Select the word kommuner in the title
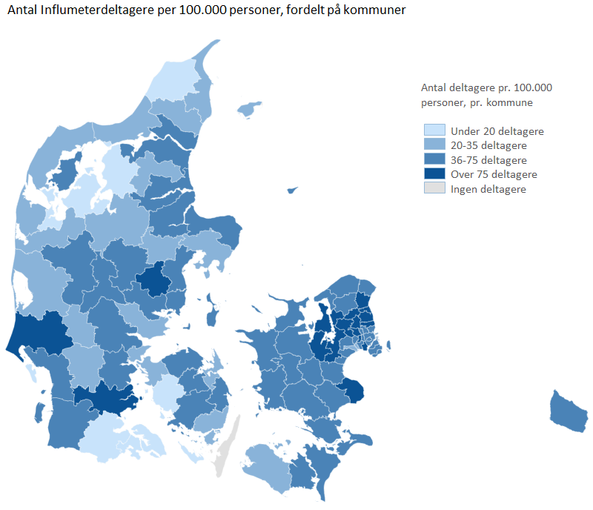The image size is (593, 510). pos(375,13)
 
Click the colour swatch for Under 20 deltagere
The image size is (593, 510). pos(434,131)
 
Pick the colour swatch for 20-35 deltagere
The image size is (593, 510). pos(434,145)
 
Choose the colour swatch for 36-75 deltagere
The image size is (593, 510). pos(434,160)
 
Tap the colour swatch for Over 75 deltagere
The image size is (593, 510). pos(434,174)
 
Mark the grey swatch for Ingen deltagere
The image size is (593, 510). pos(434,189)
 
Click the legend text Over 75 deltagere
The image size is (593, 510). pos(494,174)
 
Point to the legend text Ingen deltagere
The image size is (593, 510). pos(488,189)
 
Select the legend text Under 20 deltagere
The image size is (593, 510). pos(497,131)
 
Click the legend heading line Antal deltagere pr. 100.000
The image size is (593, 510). pos(486,87)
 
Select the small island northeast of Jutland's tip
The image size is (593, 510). pos(251,109)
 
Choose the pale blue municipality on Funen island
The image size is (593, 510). pos(169,391)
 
